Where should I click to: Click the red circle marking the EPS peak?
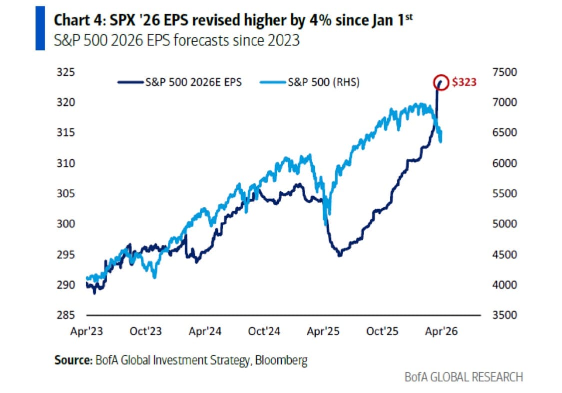(x=441, y=81)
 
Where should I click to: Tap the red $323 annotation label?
(x=464, y=82)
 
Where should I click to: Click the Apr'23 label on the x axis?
(x=87, y=331)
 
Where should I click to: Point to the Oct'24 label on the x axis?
(x=265, y=331)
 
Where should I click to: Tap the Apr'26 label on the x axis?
(x=440, y=331)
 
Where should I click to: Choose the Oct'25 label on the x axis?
(x=382, y=331)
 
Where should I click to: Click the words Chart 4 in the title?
(x=73, y=20)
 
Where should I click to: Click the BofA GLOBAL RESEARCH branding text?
(x=463, y=377)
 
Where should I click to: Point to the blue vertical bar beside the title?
(x=40, y=28)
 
